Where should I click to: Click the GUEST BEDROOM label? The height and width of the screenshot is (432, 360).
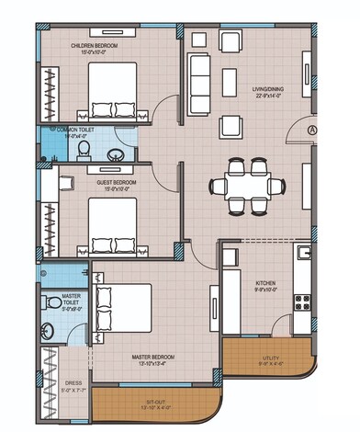pos(116,183)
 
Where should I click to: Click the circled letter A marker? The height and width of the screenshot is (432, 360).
pos(312,130)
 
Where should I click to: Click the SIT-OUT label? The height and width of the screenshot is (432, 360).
pos(154,402)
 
